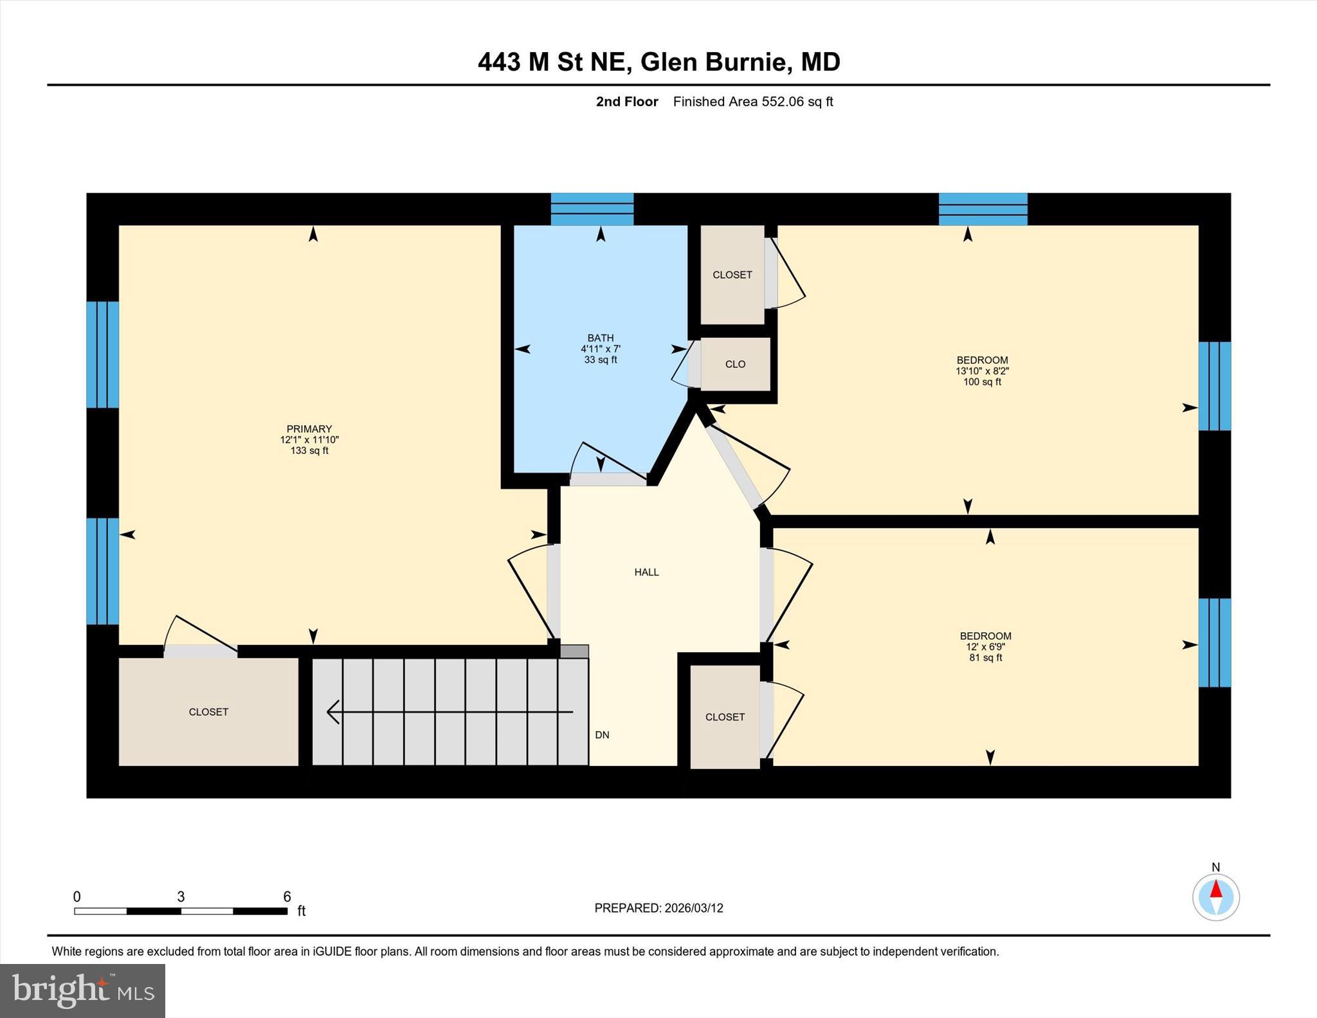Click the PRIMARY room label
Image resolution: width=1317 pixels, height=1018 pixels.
tap(309, 429)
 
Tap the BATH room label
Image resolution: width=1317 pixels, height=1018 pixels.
tap(600, 338)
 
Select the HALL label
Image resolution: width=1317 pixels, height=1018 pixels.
tap(646, 572)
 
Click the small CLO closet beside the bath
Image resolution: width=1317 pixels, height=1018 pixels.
tap(735, 364)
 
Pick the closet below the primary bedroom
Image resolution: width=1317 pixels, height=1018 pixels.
tap(208, 712)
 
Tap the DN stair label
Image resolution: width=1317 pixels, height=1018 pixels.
tap(602, 735)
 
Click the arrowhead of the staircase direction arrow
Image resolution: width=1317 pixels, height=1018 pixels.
tap(333, 712)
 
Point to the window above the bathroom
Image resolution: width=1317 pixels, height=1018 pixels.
tap(592, 209)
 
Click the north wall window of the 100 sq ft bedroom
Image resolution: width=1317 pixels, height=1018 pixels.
tap(983, 209)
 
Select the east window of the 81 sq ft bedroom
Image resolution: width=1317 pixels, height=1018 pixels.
tap(1214, 642)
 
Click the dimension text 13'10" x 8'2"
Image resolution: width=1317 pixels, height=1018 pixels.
tap(982, 371)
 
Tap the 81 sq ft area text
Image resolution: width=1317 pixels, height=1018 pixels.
tap(985, 658)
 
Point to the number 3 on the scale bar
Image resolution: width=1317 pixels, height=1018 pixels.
tap(181, 896)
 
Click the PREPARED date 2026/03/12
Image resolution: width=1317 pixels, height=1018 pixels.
tap(693, 908)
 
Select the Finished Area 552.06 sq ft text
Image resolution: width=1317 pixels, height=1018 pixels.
tap(752, 102)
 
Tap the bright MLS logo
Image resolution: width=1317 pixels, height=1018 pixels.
tap(82, 990)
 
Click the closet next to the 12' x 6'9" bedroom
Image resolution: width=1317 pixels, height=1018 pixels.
tap(725, 717)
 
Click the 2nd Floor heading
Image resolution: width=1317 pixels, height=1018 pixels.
tap(627, 102)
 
